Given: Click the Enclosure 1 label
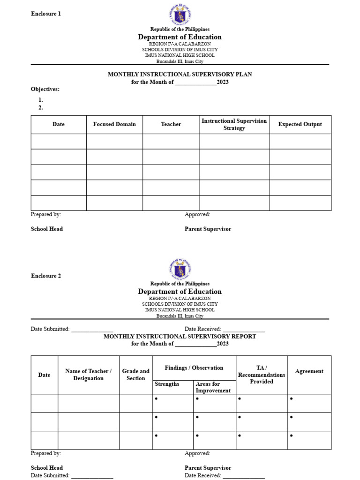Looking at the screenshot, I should click(46, 14).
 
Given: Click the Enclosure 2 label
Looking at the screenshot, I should click(46, 276).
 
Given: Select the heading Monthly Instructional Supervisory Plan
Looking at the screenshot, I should click(180, 75).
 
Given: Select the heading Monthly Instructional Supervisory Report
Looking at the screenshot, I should click(180, 337).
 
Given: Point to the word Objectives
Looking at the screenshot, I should click(45, 89).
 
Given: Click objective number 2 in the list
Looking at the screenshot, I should click(41, 107).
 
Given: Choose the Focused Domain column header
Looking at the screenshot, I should click(114, 124).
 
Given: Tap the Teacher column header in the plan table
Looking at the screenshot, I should click(171, 124).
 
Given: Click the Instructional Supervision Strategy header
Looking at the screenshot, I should click(234, 124).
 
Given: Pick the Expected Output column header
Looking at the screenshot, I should click(300, 124).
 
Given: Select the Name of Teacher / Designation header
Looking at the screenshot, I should click(88, 375).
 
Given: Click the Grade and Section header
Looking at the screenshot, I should click(136, 375).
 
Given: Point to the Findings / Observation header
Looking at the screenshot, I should click(194, 368).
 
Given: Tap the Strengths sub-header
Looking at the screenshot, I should click(167, 384).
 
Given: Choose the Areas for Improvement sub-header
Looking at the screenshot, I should click(213, 387).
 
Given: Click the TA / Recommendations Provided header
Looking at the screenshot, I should click(262, 375).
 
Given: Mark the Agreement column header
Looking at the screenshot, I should click(309, 371).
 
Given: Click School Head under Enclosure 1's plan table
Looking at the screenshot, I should click(47, 229).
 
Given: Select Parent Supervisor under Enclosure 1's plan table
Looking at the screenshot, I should click(208, 229).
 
